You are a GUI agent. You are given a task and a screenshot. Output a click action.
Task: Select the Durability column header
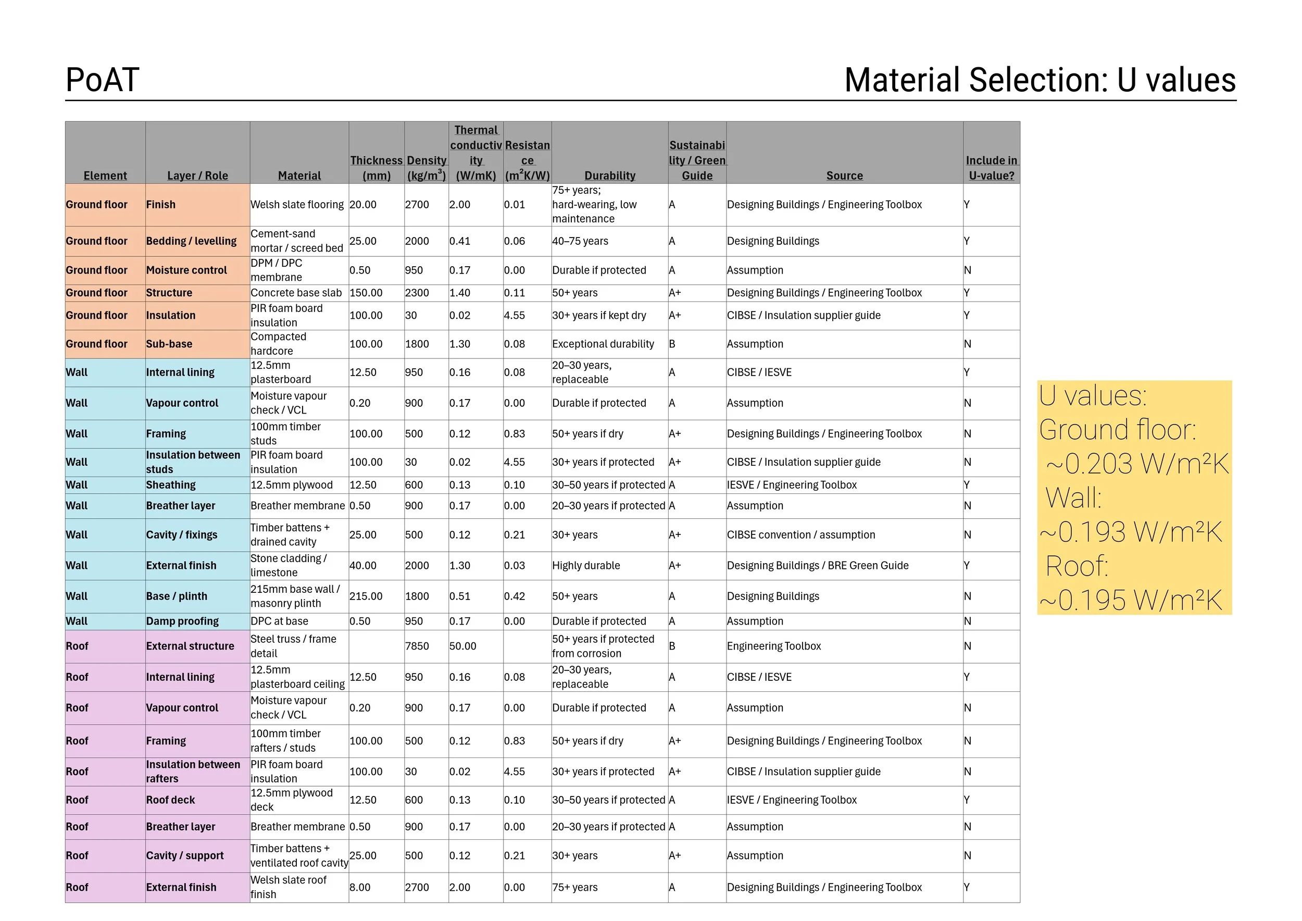tap(610, 176)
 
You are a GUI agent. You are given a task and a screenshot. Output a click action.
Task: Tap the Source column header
tap(844, 176)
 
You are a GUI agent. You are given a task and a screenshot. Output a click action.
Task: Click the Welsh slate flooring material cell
tap(297, 205)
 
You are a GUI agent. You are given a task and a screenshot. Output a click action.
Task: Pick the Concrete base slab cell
tap(296, 293)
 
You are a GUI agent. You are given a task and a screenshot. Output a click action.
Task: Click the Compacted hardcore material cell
tap(279, 344)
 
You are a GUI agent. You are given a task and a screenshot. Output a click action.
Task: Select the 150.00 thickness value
tap(366, 293)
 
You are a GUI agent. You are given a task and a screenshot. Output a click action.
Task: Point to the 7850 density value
tap(417, 646)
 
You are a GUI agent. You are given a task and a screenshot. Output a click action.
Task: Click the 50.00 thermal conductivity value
tap(463, 646)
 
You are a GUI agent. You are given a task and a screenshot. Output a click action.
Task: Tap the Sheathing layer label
tap(171, 485)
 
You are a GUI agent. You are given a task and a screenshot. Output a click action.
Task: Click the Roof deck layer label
tap(170, 800)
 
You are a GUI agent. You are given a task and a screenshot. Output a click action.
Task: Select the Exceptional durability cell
tap(603, 344)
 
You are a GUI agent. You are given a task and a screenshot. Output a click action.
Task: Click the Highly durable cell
tap(586, 565)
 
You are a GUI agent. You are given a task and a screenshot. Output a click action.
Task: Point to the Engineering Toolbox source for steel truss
tap(773, 646)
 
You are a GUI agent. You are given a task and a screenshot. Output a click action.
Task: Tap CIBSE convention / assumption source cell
tap(800, 535)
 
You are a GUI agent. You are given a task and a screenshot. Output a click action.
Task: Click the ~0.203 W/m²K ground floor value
tap(1137, 464)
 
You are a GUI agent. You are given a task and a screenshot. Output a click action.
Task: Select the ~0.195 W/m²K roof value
tap(1131, 600)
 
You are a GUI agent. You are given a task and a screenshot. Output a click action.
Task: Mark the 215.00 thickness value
tap(366, 596)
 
